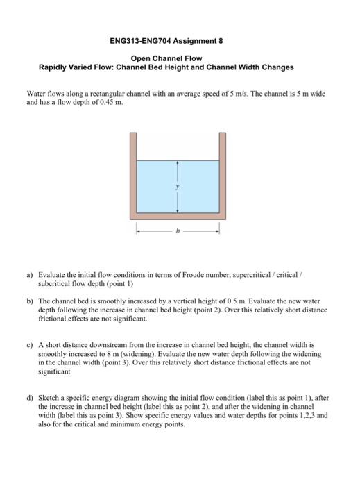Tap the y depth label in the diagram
click(179, 186)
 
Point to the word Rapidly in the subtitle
click(57, 68)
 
